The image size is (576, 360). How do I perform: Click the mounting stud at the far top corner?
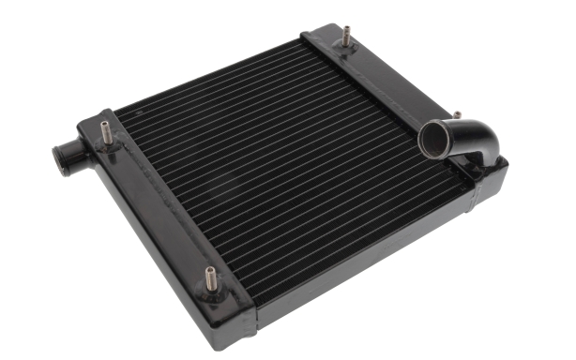[346, 33]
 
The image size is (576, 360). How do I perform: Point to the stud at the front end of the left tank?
[208, 278]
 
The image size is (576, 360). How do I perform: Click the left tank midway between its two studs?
[159, 206]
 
